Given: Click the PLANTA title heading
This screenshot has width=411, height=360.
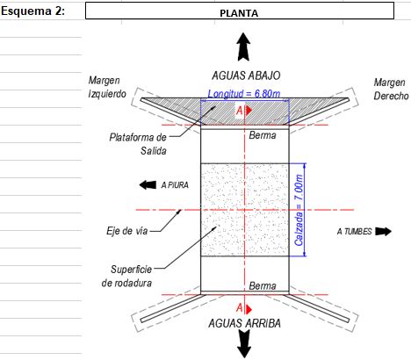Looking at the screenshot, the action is pyautogui.click(x=239, y=13).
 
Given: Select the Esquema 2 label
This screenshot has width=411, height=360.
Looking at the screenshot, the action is pyautogui.click(x=32, y=11).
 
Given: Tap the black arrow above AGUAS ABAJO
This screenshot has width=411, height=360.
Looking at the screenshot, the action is pyautogui.click(x=243, y=47).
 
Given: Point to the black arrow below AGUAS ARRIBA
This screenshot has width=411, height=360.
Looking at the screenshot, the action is pyautogui.click(x=244, y=344).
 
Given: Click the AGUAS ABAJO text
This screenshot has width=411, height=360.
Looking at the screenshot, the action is pyautogui.click(x=246, y=76).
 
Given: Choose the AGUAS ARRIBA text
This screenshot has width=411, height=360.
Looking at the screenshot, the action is pyautogui.click(x=245, y=323).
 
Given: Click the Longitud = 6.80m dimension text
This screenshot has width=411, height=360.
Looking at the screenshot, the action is pyautogui.click(x=244, y=94).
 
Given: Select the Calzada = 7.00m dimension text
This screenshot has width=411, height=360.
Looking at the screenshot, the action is pyautogui.click(x=299, y=210).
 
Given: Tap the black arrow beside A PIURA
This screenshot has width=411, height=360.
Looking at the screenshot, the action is pyautogui.click(x=148, y=185).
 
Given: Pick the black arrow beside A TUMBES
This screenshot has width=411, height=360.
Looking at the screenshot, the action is pyautogui.click(x=383, y=232).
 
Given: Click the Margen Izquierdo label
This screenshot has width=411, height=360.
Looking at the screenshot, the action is pyautogui.click(x=107, y=87).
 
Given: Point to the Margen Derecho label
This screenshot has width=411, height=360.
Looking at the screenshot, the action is pyautogui.click(x=391, y=89).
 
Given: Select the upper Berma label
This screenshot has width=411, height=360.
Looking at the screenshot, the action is pyautogui.click(x=263, y=135).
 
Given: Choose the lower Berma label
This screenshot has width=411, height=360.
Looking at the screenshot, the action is pyautogui.click(x=263, y=286).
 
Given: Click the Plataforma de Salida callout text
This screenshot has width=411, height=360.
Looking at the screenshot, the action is pyautogui.click(x=138, y=144).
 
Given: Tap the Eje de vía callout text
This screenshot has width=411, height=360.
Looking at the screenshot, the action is pyautogui.click(x=127, y=231).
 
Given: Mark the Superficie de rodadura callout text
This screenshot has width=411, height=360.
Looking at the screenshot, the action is pyautogui.click(x=126, y=276).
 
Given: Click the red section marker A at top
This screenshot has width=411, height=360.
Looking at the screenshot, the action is pyautogui.click(x=243, y=111).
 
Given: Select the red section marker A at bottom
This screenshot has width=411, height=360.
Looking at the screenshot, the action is pyautogui.click(x=243, y=308).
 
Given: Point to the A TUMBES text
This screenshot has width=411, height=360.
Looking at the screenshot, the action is pyautogui.click(x=354, y=232).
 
